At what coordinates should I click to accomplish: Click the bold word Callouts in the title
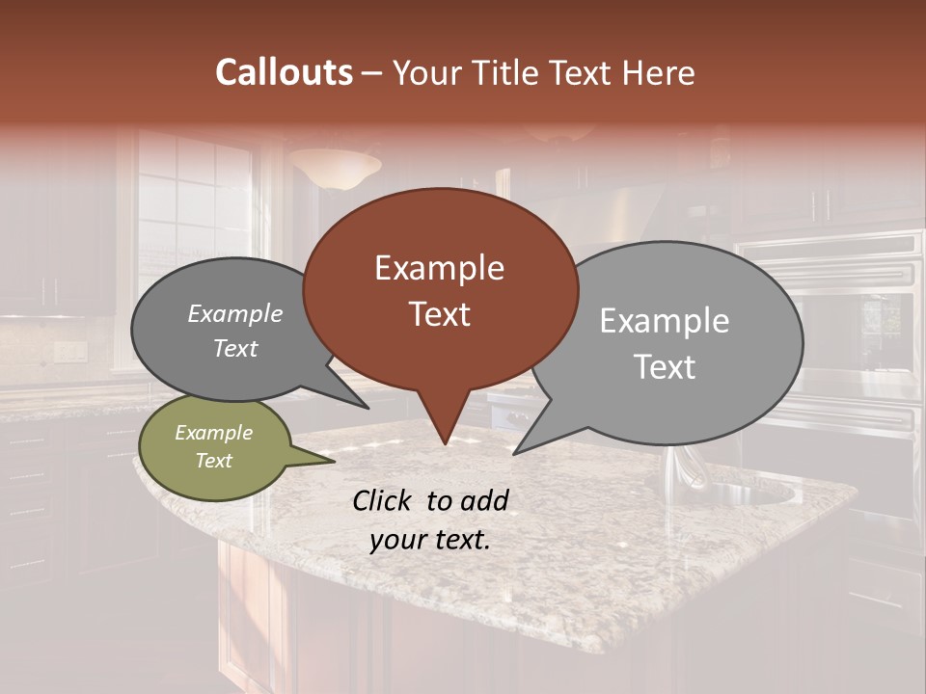284,72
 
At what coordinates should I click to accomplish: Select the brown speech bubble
440,289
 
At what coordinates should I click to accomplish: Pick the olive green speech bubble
214,447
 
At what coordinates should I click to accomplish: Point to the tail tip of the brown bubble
445,442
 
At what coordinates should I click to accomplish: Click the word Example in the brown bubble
439,268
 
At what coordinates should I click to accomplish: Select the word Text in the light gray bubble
665,367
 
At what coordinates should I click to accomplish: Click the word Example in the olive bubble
213,433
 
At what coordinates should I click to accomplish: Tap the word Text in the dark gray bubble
235,349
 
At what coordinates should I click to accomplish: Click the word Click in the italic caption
384,500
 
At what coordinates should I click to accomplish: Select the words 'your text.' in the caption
429,540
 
